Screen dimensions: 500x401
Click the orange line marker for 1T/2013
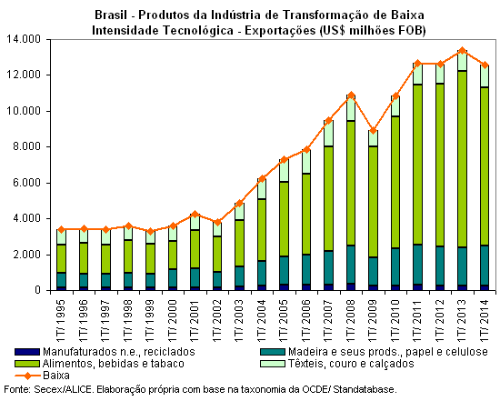462,51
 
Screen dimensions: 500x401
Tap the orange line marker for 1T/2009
373,130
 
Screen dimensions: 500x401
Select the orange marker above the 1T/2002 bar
217,222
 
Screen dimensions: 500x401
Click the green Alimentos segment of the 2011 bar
417,165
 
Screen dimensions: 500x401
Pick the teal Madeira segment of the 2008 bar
351,264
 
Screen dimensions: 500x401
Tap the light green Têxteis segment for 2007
328,134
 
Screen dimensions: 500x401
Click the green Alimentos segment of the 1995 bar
61,259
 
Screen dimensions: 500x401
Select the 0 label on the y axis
38,290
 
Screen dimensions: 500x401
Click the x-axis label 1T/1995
61,320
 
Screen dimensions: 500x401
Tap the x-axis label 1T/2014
485,320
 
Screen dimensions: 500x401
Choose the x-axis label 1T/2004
262,320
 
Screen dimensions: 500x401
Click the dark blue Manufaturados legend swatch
27,352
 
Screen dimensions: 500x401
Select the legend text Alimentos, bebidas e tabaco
114,364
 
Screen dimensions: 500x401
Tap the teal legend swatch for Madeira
273,352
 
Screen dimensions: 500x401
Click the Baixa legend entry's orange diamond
28,376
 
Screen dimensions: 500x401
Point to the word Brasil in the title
111,15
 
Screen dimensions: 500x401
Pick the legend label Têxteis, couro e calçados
351,364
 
